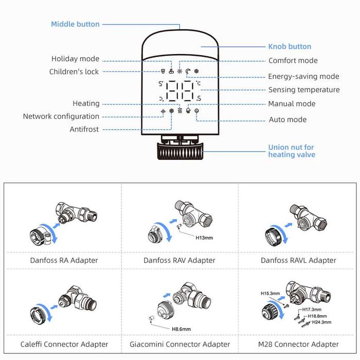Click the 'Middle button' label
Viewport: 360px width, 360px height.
[x=75, y=24]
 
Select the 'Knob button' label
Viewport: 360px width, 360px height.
[x=290, y=46]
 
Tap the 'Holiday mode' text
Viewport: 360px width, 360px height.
[x=75, y=59]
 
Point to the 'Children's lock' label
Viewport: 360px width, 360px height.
[x=74, y=71]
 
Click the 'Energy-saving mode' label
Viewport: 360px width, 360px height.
[x=303, y=77]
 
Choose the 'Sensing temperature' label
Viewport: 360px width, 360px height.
[x=304, y=90]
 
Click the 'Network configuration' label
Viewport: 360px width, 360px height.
[x=61, y=117]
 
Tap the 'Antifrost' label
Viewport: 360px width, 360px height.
[x=84, y=130]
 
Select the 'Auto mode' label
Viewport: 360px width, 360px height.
[x=287, y=120]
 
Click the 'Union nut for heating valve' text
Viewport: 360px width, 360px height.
[x=291, y=151]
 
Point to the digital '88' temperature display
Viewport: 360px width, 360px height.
[x=180, y=93]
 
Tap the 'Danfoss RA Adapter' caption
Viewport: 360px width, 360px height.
[x=64, y=260]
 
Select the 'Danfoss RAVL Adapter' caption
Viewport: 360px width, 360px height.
[x=298, y=260]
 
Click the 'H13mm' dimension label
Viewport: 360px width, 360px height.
[x=204, y=238]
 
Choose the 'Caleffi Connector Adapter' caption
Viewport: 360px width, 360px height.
[x=64, y=344]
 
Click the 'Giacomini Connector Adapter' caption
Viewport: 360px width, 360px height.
[x=180, y=344]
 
